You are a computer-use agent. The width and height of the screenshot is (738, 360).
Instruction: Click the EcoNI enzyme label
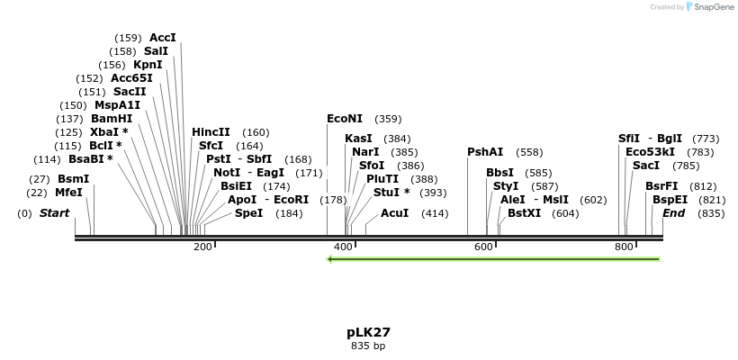pos(345,119)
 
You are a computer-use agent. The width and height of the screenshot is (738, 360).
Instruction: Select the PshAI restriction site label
pos(485,152)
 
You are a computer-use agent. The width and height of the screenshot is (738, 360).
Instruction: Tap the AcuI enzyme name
pos(394,213)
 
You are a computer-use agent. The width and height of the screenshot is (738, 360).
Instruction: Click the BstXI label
pos(525,213)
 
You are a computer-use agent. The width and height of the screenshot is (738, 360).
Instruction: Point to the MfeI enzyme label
pos(68,193)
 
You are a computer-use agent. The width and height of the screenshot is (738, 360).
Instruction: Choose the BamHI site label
pos(112,119)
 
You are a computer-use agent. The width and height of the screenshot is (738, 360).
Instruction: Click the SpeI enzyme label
pos(249,213)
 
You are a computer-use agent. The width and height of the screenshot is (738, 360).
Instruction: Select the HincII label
pos(211,132)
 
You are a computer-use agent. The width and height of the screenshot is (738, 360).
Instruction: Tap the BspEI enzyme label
pos(670,200)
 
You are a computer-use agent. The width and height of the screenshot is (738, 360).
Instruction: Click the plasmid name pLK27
pos(368,332)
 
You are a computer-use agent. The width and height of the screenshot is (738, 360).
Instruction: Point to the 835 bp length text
pos(368,346)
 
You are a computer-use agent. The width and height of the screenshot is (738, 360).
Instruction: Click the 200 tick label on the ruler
pos(202,247)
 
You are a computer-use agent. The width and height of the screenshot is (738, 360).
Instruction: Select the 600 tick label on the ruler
pos(483,247)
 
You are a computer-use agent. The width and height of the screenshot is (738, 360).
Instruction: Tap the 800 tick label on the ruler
pos(624,247)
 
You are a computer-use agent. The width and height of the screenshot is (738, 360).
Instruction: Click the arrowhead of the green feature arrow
pos(331,259)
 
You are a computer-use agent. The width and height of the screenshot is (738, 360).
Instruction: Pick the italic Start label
pos(54,213)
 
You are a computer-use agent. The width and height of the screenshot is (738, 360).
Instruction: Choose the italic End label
pos(674,213)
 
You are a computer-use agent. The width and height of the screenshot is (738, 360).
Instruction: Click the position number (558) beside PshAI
pos(529,152)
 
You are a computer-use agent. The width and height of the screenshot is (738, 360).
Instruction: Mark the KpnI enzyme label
pos(148,65)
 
